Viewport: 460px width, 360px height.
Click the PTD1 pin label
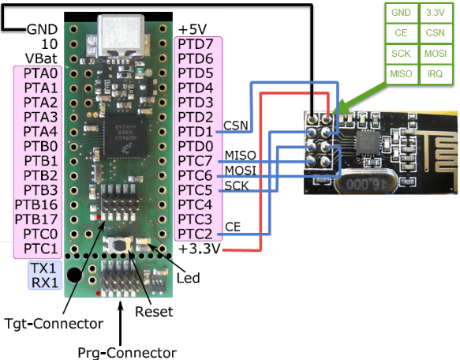(x=197, y=131)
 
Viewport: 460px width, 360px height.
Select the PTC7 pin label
(x=197, y=160)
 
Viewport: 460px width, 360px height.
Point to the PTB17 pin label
(x=36, y=219)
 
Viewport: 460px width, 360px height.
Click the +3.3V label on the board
(x=200, y=249)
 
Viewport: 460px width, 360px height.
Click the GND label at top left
(x=41, y=29)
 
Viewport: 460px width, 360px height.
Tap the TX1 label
(x=43, y=267)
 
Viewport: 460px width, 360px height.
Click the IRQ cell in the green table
(x=433, y=73)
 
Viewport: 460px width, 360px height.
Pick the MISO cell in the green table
(x=401, y=73)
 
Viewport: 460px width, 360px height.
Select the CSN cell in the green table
(x=433, y=33)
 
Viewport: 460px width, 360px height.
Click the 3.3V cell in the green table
(x=433, y=13)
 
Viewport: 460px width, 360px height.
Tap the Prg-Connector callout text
(x=127, y=351)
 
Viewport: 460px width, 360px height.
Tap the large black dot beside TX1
(x=73, y=276)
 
